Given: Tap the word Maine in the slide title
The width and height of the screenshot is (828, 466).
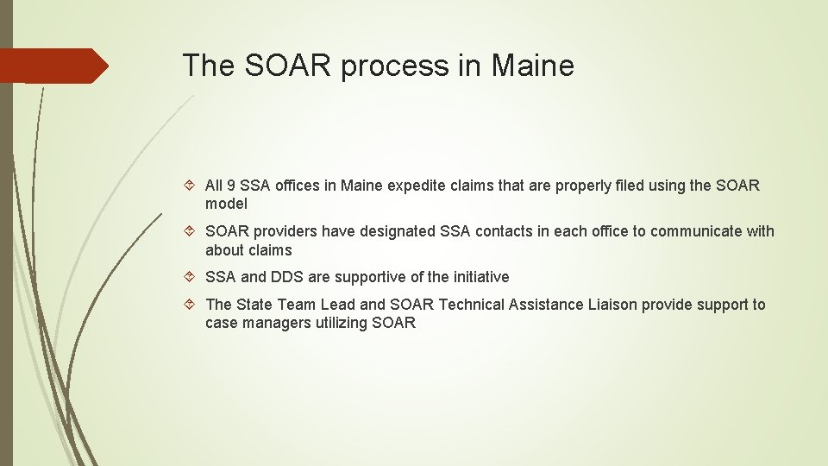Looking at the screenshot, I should coord(533,65).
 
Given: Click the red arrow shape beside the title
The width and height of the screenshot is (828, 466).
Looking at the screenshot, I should coord(53,66).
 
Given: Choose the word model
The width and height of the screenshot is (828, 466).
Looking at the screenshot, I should coord(226,205).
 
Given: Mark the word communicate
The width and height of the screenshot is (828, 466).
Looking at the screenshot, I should coord(699,231).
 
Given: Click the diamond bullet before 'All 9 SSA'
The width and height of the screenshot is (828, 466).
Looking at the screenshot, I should coord(192,186).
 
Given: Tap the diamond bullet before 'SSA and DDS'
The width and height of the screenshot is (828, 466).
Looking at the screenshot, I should coord(192,277).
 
